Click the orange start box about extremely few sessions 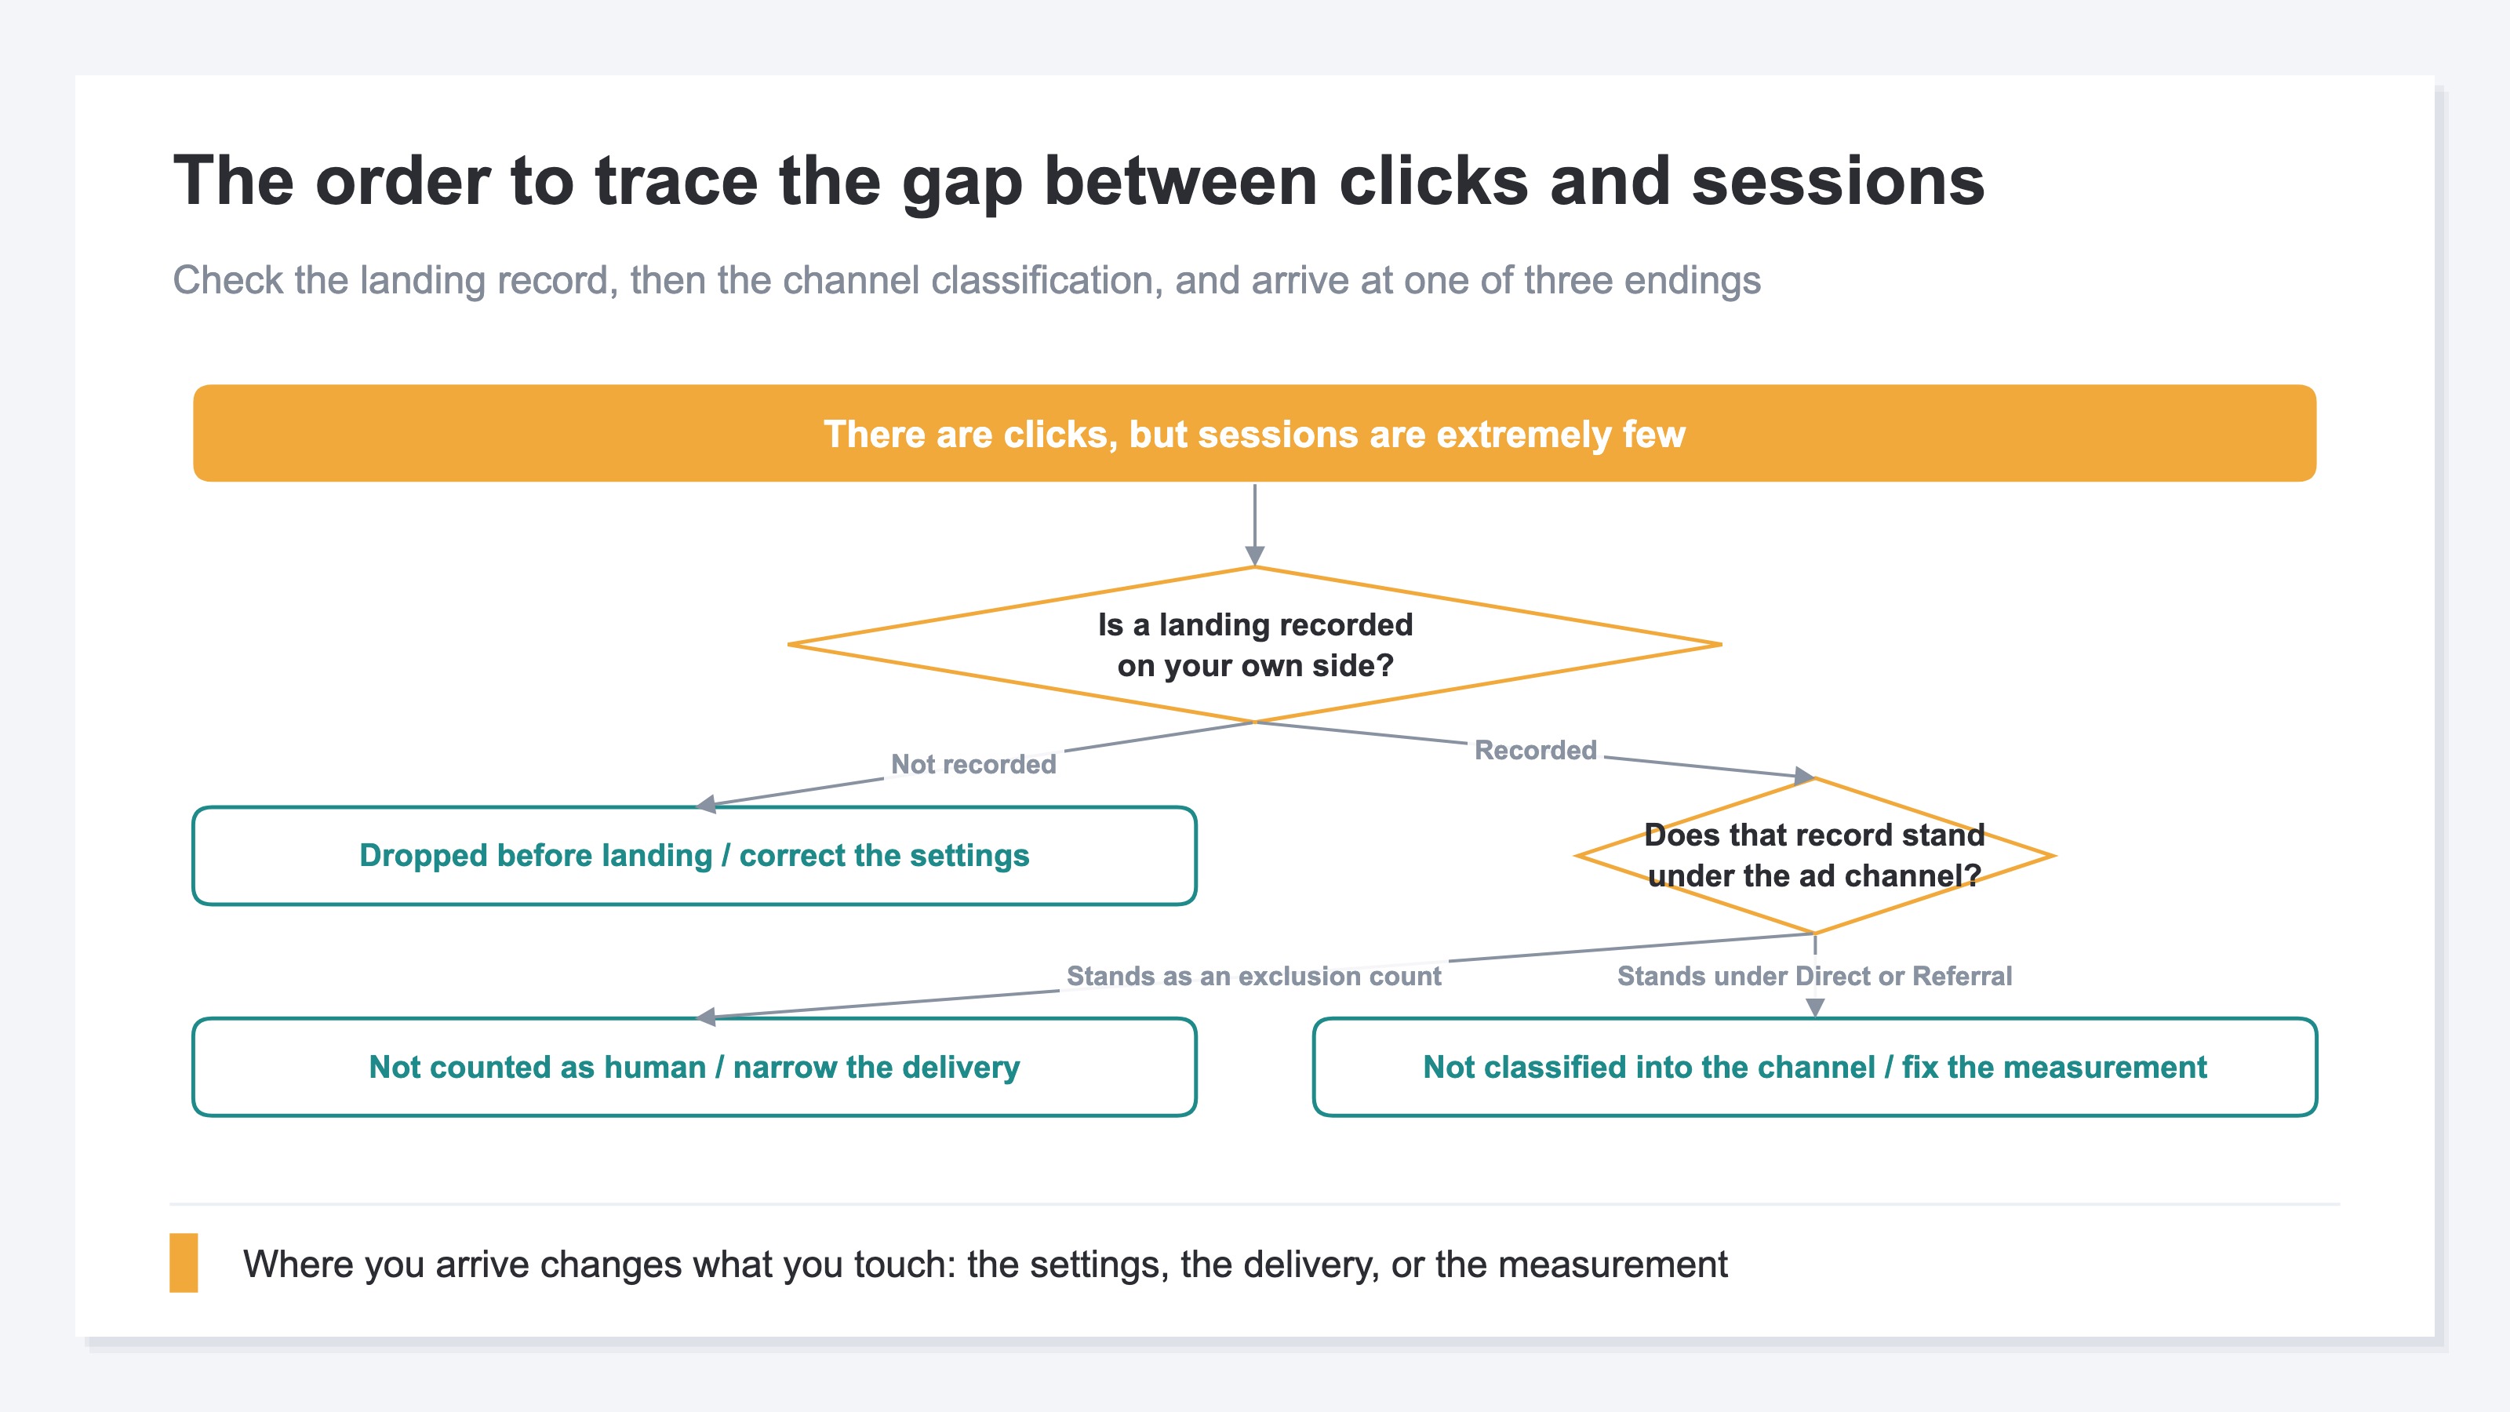[x=1254, y=433]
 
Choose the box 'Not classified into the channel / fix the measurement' [x=1814, y=1067]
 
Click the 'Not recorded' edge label [x=973, y=764]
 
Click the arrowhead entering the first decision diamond [x=1255, y=556]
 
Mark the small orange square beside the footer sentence [x=184, y=1263]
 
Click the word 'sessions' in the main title [x=1838, y=181]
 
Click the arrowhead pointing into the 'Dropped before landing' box [x=707, y=804]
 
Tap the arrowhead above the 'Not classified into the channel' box [x=1814, y=1006]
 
